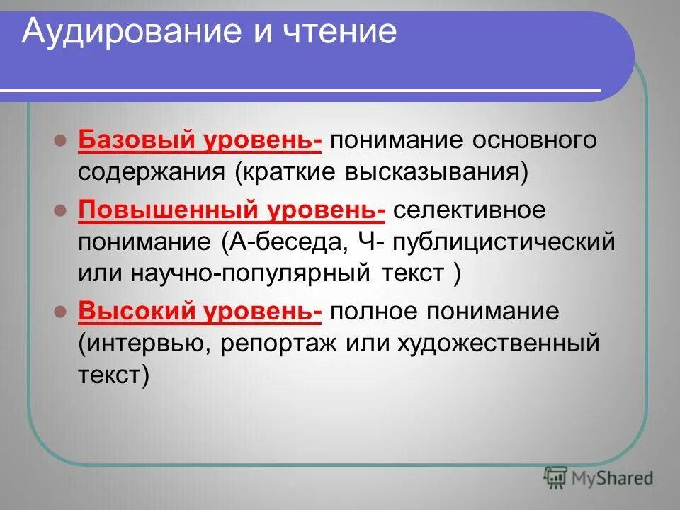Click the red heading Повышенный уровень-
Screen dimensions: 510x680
232,210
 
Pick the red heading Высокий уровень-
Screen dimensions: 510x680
200,310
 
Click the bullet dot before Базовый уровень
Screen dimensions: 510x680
61,140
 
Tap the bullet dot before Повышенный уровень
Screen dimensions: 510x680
61,210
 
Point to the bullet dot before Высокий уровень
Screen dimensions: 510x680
61,310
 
